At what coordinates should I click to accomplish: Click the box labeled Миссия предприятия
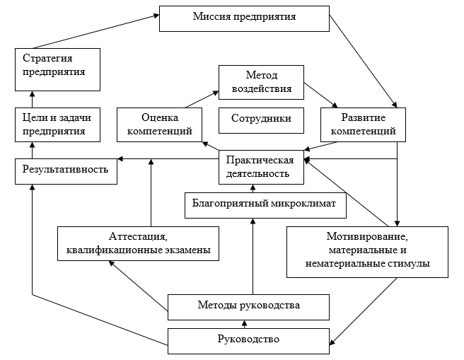tap(243, 18)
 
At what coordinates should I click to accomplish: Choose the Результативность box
tap(66, 170)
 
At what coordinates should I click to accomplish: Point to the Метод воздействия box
tap(260, 82)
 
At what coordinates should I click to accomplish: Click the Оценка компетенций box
tap(159, 124)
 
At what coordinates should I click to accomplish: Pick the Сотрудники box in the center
tap(261, 120)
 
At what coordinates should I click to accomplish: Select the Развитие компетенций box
tap(363, 124)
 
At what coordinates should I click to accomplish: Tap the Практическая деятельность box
tap(261, 167)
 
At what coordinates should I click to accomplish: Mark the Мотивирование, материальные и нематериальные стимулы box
tap(368, 251)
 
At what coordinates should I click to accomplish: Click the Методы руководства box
tap(248, 306)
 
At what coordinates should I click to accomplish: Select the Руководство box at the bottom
tap(248, 340)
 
